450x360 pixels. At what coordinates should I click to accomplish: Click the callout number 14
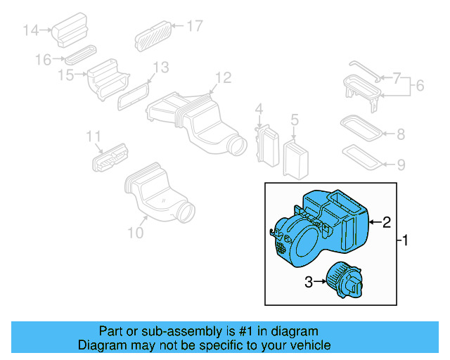31,30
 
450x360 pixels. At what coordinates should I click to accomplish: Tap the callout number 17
194,26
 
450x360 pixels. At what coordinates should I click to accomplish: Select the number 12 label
222,77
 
